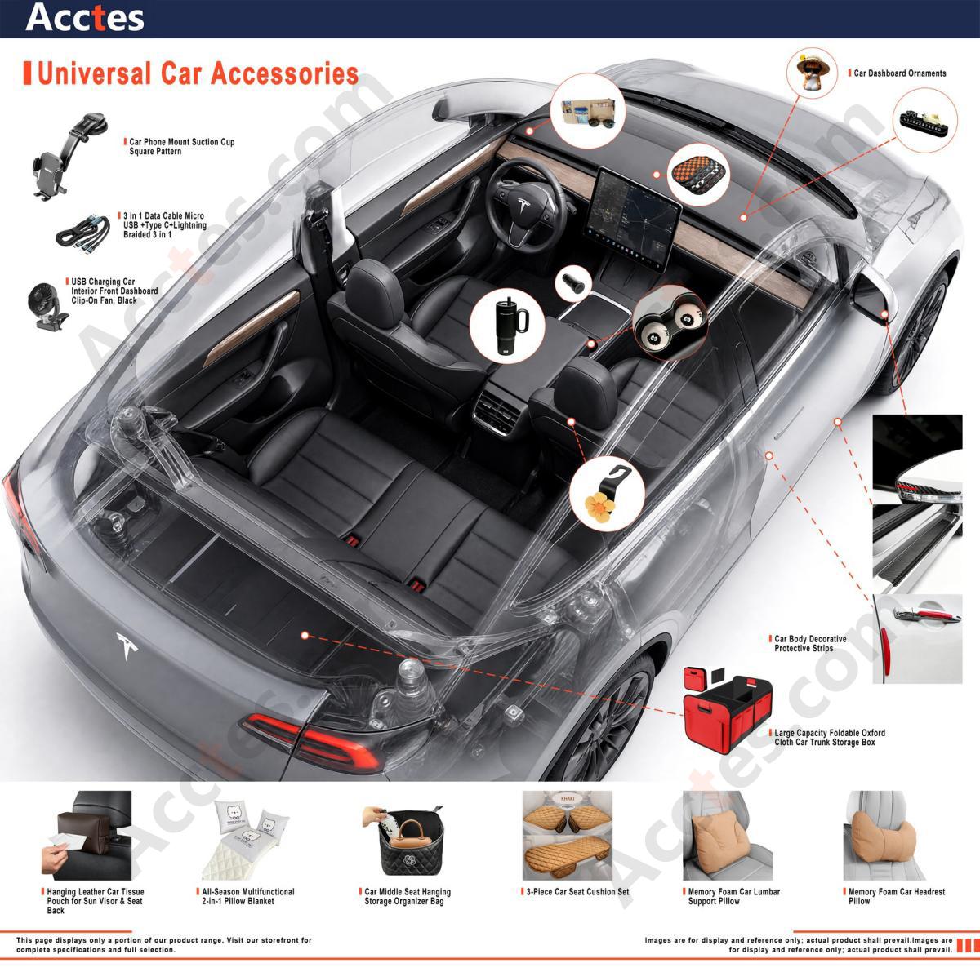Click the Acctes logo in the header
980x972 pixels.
(x=84, y=18)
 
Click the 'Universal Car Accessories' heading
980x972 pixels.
(x=198, y=73)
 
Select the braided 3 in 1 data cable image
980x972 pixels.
(x=83, y=230)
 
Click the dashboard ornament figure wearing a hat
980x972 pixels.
(x=812, y=71)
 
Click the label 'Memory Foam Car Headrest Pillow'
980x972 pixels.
(x=897, y=896)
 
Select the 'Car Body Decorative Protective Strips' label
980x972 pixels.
(x=810, y=644)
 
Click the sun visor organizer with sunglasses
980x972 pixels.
(x=588, y=113)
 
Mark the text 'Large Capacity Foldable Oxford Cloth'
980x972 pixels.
(x=830, y=737)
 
